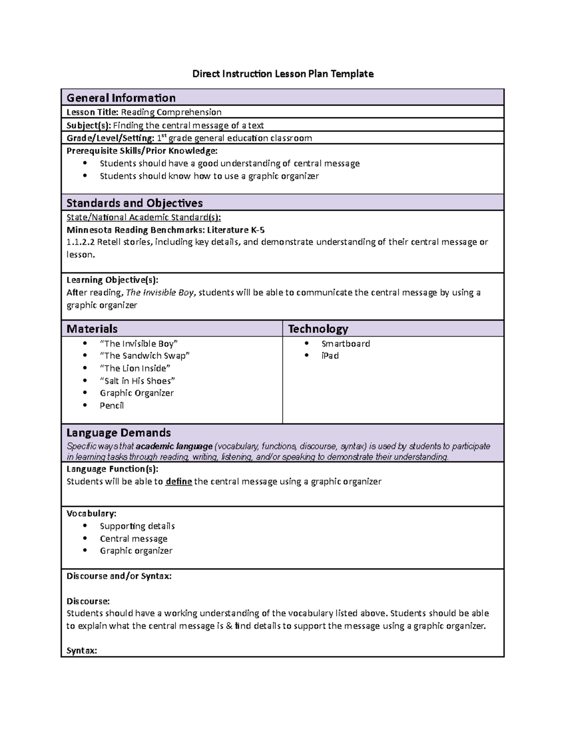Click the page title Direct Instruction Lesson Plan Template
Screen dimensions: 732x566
(283, 74)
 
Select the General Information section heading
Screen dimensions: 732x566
(121, 98)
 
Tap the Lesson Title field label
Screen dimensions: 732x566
(92, 112)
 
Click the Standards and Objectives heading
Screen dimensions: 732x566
(134, 203)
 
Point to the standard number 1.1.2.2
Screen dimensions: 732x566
(80, 242)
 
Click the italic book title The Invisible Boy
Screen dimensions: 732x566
(160, 293)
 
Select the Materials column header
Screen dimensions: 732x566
(92, 329)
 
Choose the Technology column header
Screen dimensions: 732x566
(318, 329)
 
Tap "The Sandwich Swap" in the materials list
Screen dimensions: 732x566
(144, 356)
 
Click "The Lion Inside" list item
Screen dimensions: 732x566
(135, 368)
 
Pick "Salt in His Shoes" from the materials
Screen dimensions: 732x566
(137, 381)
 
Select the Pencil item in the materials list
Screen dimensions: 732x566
(112, 405)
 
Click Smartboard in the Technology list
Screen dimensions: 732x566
(345, 344)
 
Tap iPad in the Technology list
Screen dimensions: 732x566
(330, 356)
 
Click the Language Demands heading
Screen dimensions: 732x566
(118, 433)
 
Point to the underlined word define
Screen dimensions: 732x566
(179, 482)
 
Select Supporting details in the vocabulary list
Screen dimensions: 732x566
(137, 526)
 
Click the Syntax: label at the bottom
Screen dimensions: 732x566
(82, 650)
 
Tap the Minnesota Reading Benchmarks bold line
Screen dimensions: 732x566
(166, 230)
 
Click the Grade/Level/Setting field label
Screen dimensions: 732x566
(110, 138)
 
